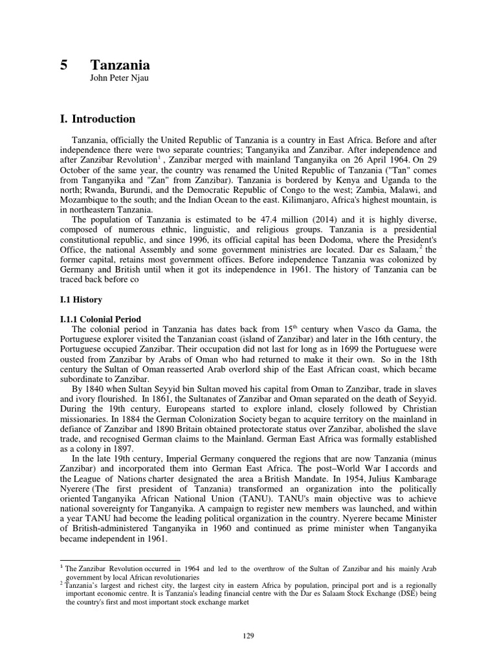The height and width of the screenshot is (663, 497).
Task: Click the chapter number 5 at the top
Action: (63, 65)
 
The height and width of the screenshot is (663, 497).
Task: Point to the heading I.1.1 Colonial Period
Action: (100, 319)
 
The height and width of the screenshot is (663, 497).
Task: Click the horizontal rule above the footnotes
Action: (120, 561)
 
